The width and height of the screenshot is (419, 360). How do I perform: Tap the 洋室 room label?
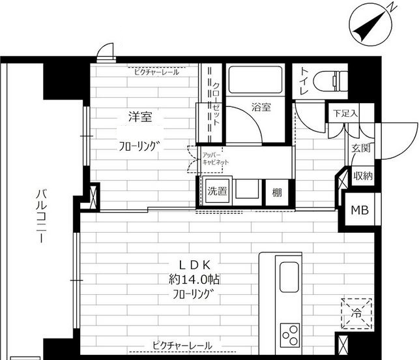pos(139,117)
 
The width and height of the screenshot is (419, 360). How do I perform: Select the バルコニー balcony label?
pos(40,216)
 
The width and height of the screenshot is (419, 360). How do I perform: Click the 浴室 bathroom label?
pos(261,108)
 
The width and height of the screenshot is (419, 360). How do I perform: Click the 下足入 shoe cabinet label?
pos(345,113)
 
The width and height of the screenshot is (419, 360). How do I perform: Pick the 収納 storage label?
pos(363,175)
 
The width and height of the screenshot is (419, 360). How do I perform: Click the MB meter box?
pos(359,210)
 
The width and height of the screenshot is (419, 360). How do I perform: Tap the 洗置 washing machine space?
pos(217,192)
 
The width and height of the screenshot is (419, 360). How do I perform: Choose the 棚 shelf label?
pos(277,192)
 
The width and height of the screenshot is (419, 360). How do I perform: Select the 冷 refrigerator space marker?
pos(356,312)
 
